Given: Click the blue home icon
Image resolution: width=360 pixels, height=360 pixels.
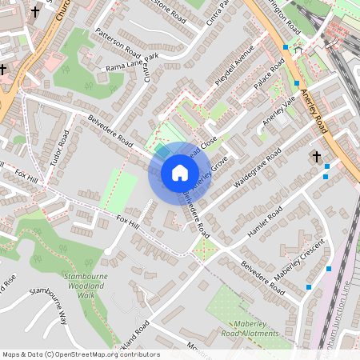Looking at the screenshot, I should coord(179,172).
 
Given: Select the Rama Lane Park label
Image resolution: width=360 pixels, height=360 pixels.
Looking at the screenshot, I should coord(132,62).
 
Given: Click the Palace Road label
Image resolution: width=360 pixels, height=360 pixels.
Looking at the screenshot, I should coord(270,76).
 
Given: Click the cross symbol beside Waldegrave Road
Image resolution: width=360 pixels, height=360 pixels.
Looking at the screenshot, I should coord(316,157).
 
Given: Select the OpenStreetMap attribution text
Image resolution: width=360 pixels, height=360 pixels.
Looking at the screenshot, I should coord(81,354).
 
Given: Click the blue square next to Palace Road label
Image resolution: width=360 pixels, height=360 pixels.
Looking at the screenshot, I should coord(297,83).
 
